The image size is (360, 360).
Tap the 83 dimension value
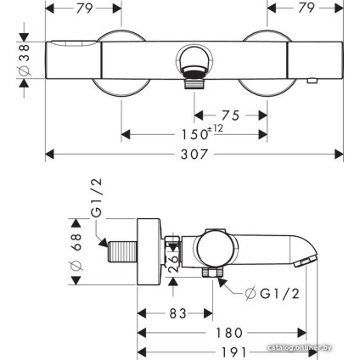point(177,315)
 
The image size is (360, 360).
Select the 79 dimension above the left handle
point(82,11)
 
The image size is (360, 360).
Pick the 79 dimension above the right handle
point(307,11)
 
